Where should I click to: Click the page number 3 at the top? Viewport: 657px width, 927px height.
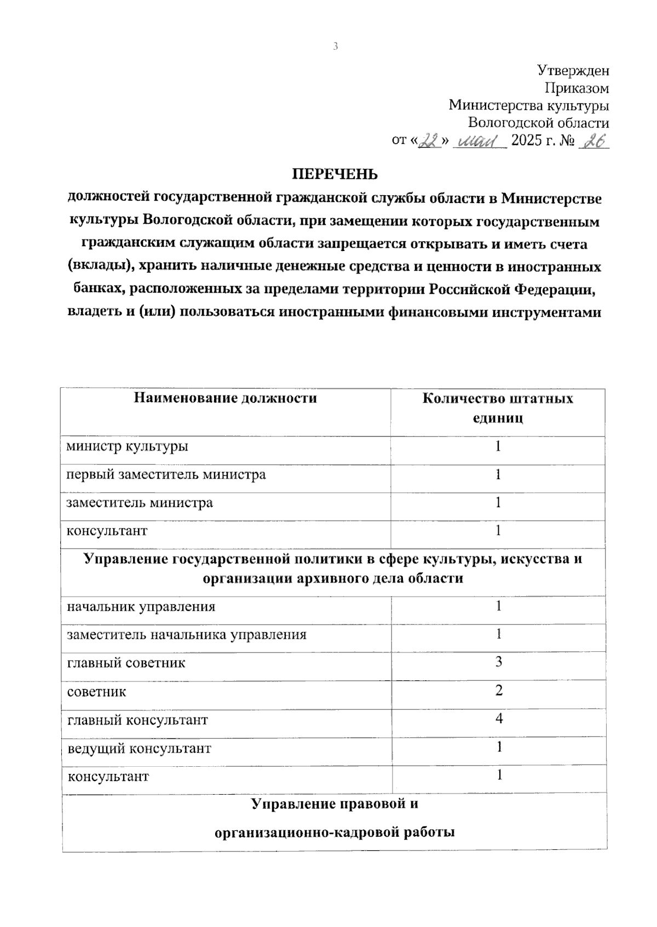pos(336,46)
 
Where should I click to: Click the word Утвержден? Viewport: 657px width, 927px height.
pos(573,71)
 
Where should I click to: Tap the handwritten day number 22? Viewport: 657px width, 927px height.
pos(429,142)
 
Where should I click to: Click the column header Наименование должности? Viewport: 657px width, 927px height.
pos(226,398)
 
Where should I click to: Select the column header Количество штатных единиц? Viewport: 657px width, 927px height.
pos(498,408)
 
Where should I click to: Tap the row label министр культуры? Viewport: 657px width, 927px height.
pos(128,446)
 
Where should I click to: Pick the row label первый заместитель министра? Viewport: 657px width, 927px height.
pos(166,475)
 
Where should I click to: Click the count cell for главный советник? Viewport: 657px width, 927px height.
pos(498,662)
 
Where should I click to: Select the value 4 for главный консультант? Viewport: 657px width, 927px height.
pos(498,719)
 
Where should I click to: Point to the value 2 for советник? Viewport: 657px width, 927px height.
pos(498,691)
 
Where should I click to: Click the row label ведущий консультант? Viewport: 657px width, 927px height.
pos(139,748)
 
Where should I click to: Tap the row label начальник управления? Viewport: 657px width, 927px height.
pos(141,607)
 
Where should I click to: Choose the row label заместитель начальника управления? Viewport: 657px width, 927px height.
pos(187,635)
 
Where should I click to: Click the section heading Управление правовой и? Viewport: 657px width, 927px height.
pos(335,804)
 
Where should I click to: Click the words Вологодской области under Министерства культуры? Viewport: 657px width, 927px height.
pos(538,123)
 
